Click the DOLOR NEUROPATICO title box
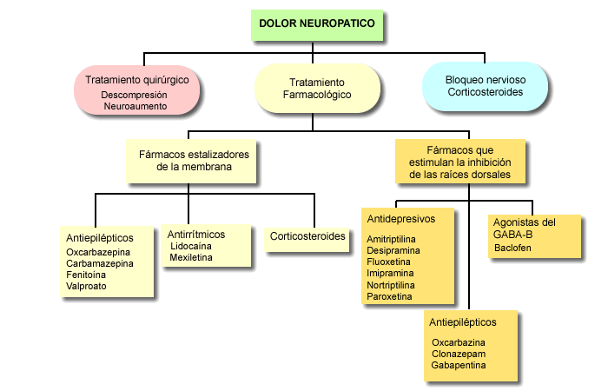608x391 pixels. pos(318,25)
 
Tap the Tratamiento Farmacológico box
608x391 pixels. pos(317,88)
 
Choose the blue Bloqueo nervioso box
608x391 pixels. pos(486,85)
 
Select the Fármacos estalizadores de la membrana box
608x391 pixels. pos(192,161)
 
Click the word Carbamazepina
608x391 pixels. pos(101,263)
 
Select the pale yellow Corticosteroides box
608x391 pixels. pos(307,235)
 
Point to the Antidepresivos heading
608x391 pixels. pos(400,218)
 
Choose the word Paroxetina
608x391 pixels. pos(391,296)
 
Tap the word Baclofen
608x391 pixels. pos(512,248)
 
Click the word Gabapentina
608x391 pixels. pos(459,366)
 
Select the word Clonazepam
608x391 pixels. pos(459,355)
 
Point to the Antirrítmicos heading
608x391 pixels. pos(196,234)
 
